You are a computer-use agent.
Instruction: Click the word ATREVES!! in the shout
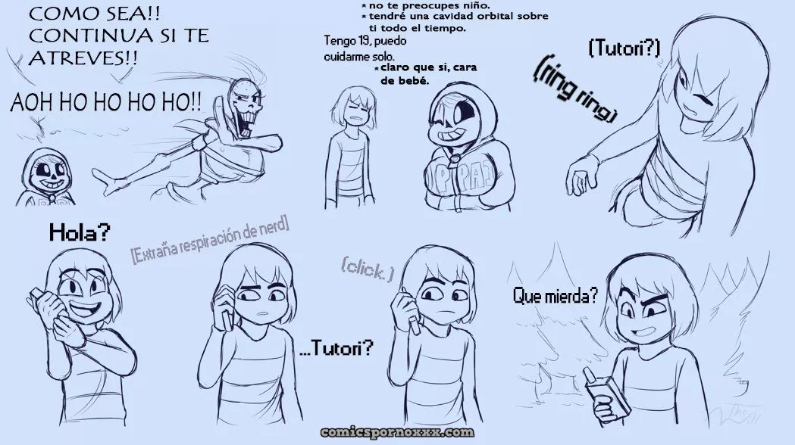[83, 58]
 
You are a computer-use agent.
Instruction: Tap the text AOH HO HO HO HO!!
[106, 103]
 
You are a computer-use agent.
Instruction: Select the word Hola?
[80, 233]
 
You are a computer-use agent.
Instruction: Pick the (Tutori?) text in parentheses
[624, 48]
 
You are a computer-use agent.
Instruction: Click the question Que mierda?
[556, 295]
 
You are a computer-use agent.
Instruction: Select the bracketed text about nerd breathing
[210, 238]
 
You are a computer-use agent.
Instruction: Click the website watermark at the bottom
[397, 432]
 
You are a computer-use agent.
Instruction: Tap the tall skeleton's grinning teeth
[245, 122]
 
